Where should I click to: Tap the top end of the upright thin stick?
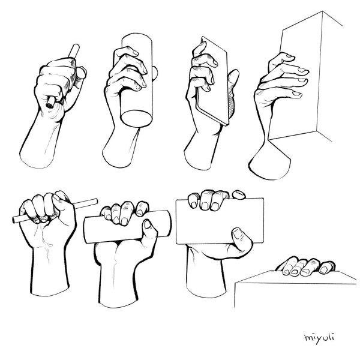(x=76, y=47)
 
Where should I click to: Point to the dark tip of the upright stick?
(x=49, y=104)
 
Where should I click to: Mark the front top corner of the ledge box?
(x=236, y=283)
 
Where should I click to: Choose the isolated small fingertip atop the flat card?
(x=239, y=195)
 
